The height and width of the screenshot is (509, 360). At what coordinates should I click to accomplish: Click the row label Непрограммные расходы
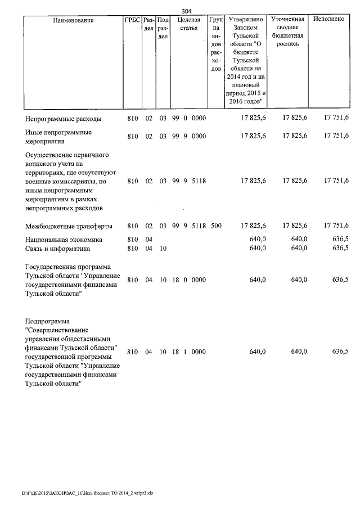pyautogui.click(x=64, y=118)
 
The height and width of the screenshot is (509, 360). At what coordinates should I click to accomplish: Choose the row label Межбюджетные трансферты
pyautogui.click(x=69, y=226)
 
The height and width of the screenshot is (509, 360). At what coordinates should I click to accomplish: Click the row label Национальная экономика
pyautogui.click(x=63, y=240)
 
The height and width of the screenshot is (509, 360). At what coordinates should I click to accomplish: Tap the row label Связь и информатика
pyautogui.click(x=59, y=248)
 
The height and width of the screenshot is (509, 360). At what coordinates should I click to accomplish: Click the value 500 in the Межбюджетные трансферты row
pyautogui.click(x=216, y=226)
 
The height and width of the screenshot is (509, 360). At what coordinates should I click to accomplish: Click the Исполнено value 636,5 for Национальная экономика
pyautogui.click(x=340, y=240)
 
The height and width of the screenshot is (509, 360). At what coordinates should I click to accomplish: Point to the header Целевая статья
pyautogui.click(x=189, y=25)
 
